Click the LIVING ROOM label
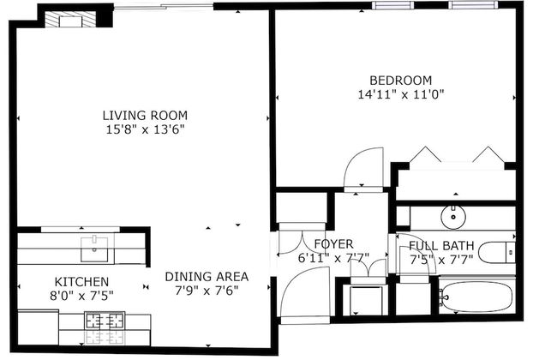click(x=144, y=115)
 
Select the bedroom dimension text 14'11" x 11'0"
click(x=400, y=95)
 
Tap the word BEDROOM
click(x=400, y=81)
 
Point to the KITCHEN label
click(x=81, y=281)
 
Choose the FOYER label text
click(x=326, y=243)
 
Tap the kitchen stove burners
click(x=103, y=322)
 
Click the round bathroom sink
click(x=451, y=215)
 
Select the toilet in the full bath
click(x=496, y=252)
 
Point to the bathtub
click(x=476, y=297)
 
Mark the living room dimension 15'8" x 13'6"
click(x=144, y=129)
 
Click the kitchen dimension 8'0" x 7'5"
click(x=81, y=296)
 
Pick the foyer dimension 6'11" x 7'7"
click(x=326, y=257)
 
